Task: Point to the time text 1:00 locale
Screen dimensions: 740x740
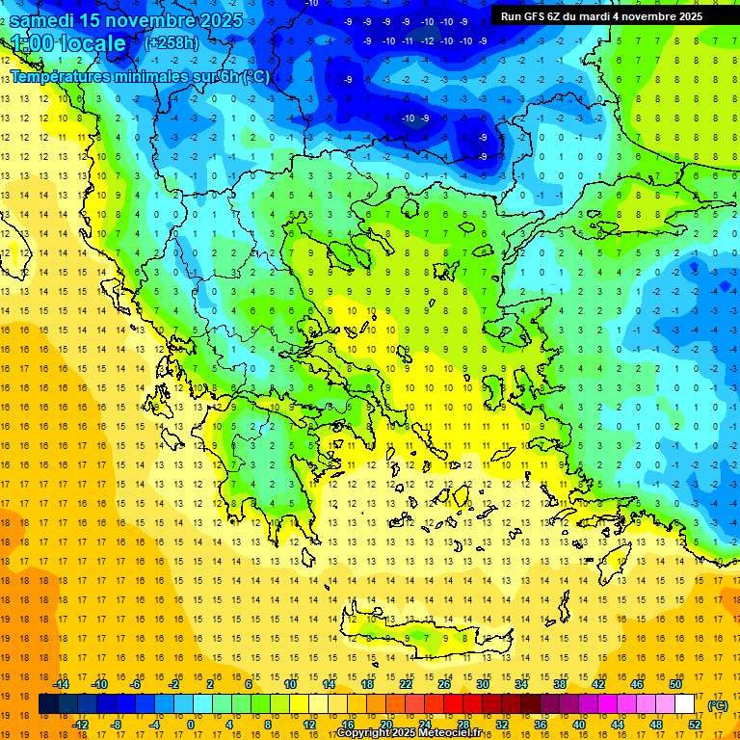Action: pyautogui.click(x=68, y=43)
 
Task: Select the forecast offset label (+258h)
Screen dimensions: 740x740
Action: pyautogui.click(x=172, y=43)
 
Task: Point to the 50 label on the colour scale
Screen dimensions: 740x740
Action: pyautogui.click(x=675, y=684)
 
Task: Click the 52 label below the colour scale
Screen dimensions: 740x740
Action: pyautogui.click(x=695, y=725)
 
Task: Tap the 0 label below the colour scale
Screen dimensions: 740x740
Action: pyautogui.click(x=191, y=725)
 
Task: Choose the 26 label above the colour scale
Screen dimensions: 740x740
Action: pyautogui.click(x=444, y=684)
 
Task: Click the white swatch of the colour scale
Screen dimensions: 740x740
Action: pyautogui.click(x=685, y=704)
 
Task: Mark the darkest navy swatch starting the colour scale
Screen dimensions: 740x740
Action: pyautogui.click(x=48, y=704)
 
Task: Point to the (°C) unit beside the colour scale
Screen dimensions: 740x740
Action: pyautogui.click(x=719, y=705)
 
